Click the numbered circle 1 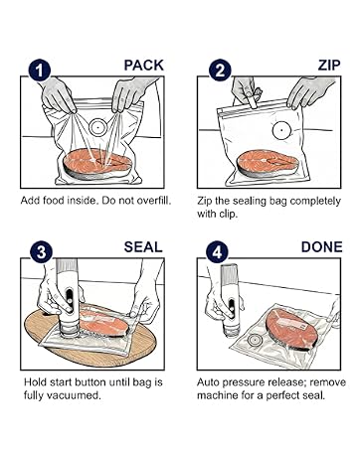point(40,71)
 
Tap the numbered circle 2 point(220,71)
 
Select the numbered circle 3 point(41,252)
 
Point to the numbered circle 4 point(217,252)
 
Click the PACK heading point(144,66)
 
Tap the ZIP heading point(329,66)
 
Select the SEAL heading point(143,247)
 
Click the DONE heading point(321,247)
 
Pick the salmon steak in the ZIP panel point(268,163)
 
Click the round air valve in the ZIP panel point(281,130)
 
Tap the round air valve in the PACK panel point(98,127)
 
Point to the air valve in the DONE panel point(255,340)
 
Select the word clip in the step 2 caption point(229,214)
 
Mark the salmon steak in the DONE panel point(291,330)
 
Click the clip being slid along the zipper point(254,98)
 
